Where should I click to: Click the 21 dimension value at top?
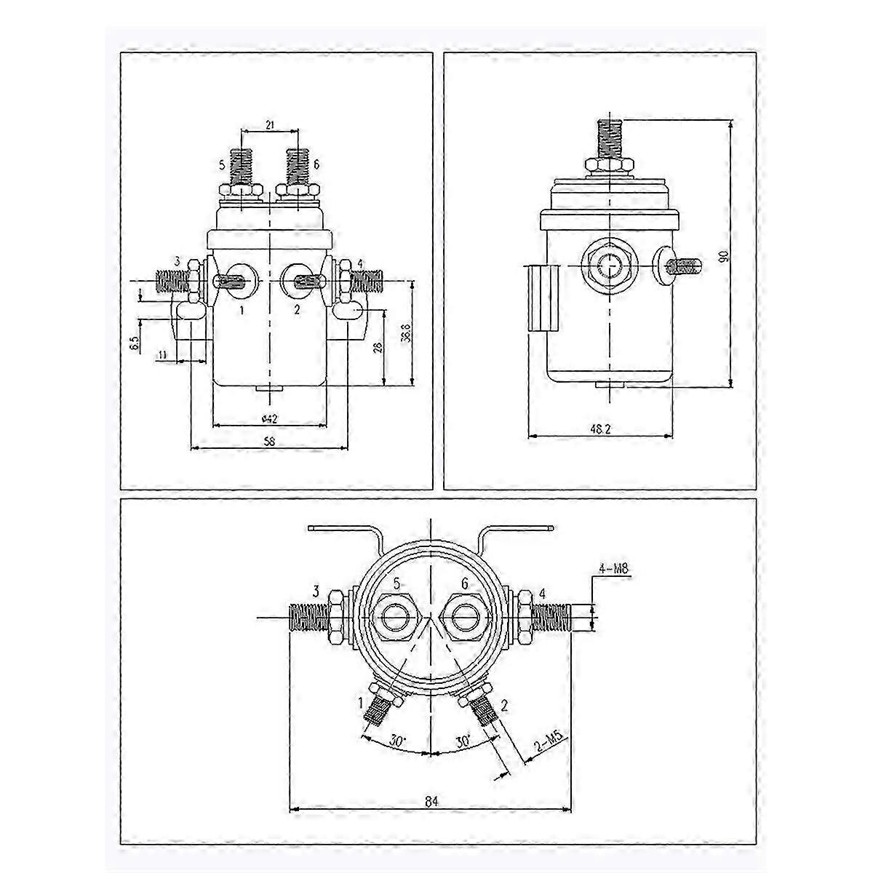tap(269, 126)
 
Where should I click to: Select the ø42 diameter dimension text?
tap(269, 418)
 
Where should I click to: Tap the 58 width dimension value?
tap(269, 442)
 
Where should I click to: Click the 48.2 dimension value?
tap(600, 430)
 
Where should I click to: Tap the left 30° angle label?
tap(397, 741)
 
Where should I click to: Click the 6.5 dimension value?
tap(135, 343)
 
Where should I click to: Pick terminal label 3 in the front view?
tap(177, 261)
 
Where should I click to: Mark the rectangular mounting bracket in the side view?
tap(541, 298)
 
